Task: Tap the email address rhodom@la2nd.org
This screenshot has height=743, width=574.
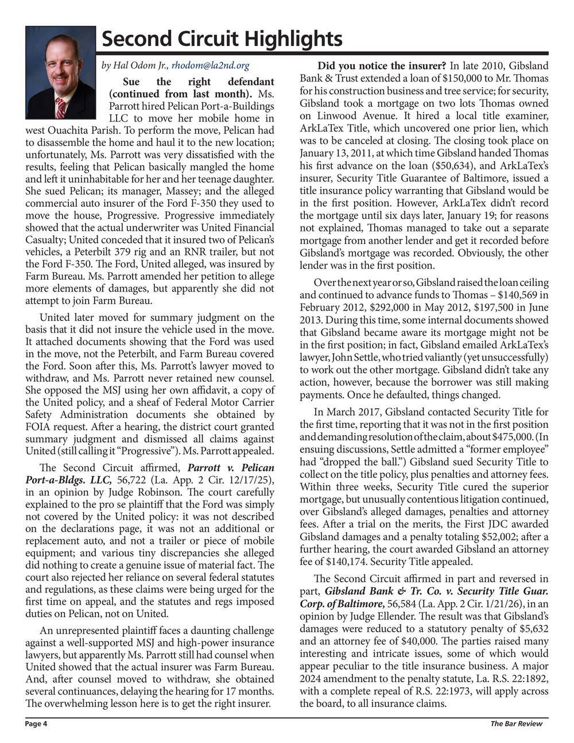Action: (x=211, y=66)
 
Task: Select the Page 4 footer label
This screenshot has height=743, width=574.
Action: (x=36, y=723)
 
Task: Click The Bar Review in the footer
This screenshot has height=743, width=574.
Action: (x=516, y=723)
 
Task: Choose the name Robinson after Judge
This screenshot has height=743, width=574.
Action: (x=149, y=493)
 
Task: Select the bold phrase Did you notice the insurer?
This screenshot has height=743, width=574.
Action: (x=382, y=66)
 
